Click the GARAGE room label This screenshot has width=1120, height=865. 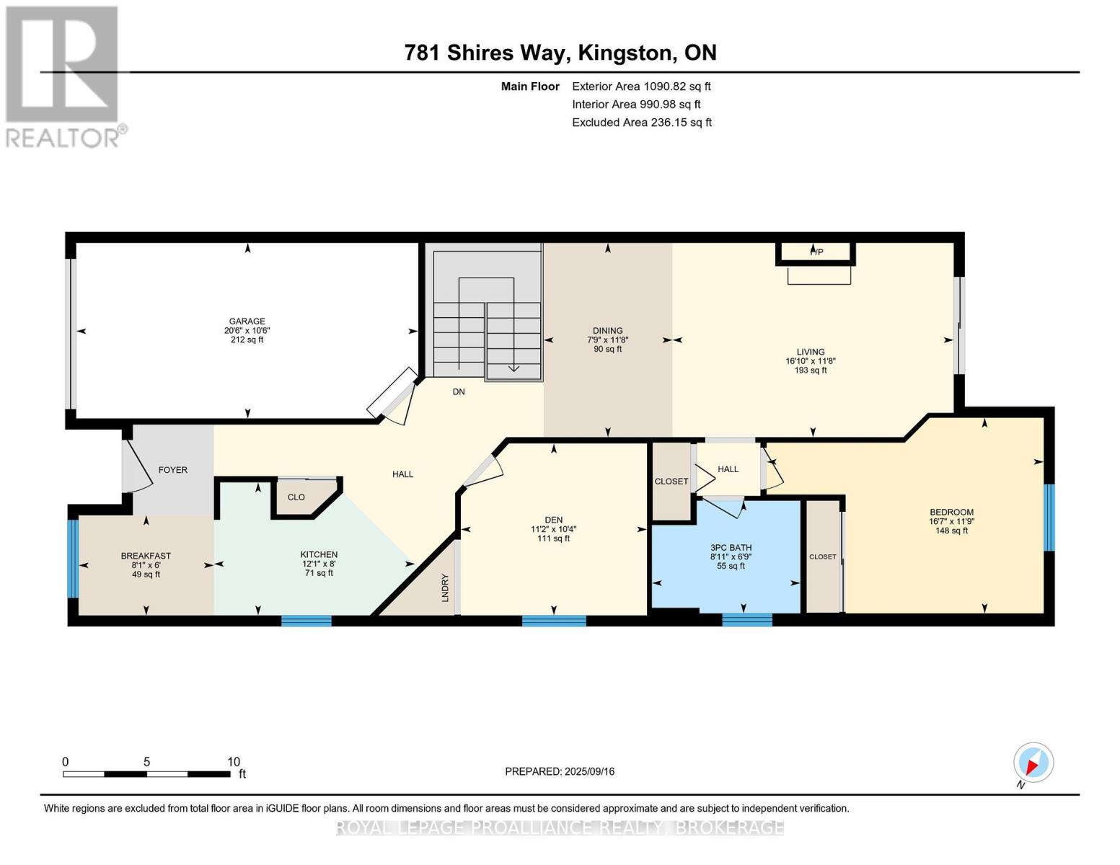tap(247, 321)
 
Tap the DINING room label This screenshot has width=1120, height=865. tap(607, 331)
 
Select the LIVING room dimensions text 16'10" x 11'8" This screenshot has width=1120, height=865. tap(811, 361)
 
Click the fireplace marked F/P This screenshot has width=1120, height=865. tap(816, 252)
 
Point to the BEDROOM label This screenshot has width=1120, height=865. tap(951, 513)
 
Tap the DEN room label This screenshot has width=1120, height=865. tap(553, 520)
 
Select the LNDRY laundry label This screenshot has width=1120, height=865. tap(445, 587)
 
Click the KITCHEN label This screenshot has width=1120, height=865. tap(319, 554)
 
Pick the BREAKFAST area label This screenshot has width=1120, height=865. tap(146, 556)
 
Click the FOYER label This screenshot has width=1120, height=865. tap(173, 470)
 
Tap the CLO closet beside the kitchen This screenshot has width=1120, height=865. tap(296, 497)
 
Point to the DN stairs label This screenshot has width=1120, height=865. tap(459, 392)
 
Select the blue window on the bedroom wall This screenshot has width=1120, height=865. tap(1049, 518)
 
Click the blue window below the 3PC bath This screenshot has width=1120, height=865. tap(746, 619)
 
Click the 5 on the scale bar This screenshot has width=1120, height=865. tap(146, 762)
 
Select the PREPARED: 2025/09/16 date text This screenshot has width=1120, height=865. tap(560, 771)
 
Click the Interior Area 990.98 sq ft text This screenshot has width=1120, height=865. tap(636, 105)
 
